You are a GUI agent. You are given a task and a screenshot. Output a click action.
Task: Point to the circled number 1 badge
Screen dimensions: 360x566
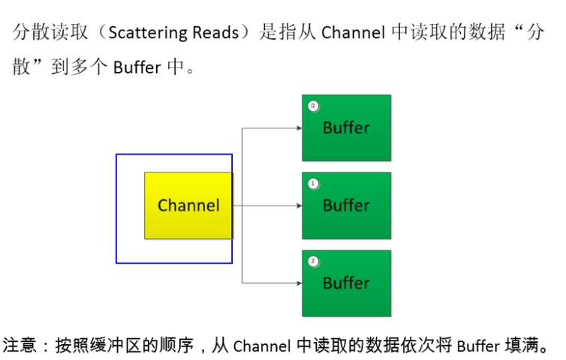[312, 183]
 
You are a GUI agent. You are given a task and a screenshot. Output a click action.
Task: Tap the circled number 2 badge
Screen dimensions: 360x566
[312, 261]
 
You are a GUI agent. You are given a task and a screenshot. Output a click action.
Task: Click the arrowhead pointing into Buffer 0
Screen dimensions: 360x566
[298, 127]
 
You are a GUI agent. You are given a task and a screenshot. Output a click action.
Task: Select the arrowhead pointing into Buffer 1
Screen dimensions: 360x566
[298, 205]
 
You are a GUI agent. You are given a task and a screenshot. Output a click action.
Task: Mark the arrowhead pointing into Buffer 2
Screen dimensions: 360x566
[298, 283]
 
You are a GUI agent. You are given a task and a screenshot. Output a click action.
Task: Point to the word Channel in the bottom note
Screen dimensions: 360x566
[261, 346]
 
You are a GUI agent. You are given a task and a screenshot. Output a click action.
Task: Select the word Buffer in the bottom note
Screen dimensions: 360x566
[477, 346]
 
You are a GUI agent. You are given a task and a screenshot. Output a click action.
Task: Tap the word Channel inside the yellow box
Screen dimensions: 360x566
[188, 205]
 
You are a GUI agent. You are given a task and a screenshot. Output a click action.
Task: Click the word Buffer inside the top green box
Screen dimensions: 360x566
[346, 127]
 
